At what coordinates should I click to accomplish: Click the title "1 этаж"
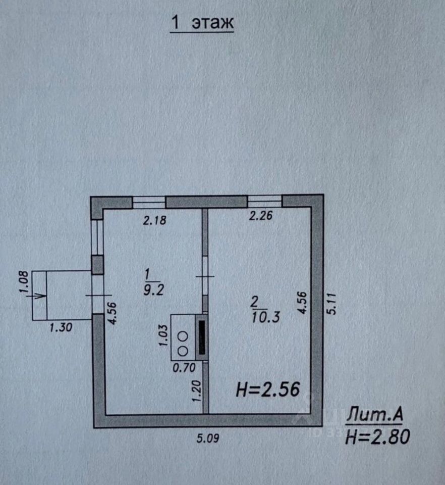point(202,22)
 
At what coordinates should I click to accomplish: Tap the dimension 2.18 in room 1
point(154,220)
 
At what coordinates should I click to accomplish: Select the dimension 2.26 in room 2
point(261,216)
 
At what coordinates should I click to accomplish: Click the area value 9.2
point(154,290)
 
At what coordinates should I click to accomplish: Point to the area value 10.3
point(265,317)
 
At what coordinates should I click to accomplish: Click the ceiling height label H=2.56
point(268,389)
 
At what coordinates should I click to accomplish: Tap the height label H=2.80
point(377,437)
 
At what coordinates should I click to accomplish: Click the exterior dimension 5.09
point(208,438)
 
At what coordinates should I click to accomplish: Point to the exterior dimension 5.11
point(331,304)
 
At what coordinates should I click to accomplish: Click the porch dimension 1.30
point(61,327)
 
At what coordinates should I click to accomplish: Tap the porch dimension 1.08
point(24,281)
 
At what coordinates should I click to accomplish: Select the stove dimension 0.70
point(184,367)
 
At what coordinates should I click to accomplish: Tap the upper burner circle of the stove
point(183,336)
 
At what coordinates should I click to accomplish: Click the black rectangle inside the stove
point(202,337)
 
